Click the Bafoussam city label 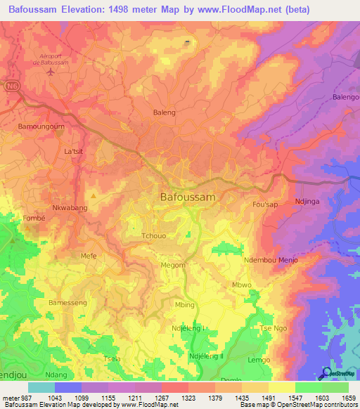(x=188, y=197)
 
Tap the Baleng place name (x=164, y=112)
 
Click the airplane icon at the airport (x=50, y=72)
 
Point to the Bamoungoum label (x=41, y=127)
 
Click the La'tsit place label (x=73, y=151)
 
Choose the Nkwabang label (x=70, y=209)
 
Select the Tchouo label (x=154, y=236)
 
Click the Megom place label (x=173, y=265)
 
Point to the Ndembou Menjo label (x=271, y=260)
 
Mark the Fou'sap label (x=266, y=204)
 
